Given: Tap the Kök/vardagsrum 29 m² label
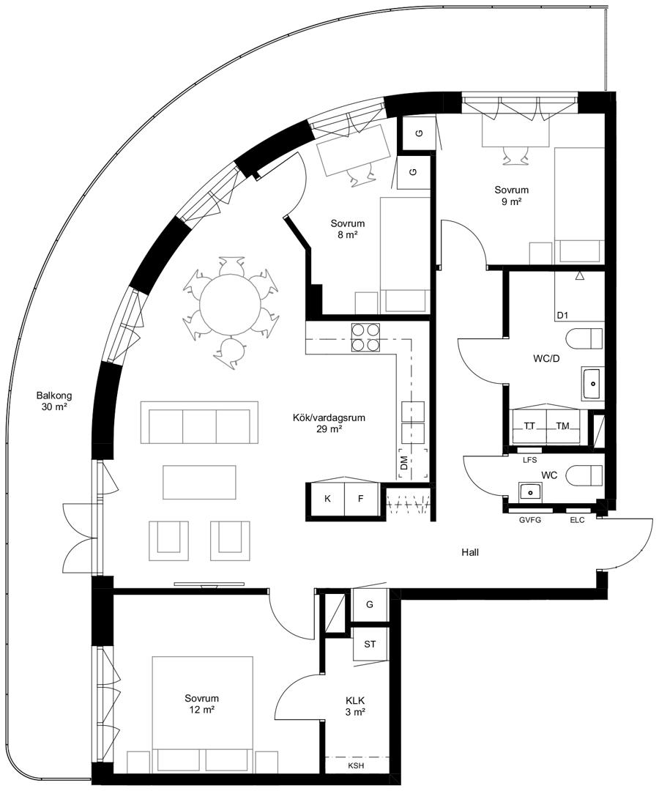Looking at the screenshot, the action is click(329, 423).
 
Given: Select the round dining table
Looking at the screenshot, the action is click(231, 304).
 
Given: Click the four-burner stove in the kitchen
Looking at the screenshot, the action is click(365, 338).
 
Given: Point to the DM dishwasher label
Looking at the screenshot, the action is click(403, 464).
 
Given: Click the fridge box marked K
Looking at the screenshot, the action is click(327, 499).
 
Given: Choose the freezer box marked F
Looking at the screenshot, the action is click(361, 499).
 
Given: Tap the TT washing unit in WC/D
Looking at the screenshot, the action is click(529, 427).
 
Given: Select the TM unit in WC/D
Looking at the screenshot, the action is click(563, 427).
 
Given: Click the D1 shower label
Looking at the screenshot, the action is click(562, 316).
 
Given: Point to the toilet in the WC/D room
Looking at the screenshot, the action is click(585, 338).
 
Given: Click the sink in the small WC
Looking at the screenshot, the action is click(530, 490).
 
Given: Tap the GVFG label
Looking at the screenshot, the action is click(530, 520).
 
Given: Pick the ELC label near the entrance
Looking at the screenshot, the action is click(577, 520).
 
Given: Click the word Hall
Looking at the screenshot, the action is click(470, 552).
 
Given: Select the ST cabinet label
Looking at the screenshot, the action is click(370, 645).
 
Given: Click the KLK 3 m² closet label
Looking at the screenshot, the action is click(355, 706).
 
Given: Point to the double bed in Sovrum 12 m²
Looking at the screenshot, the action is click(202, 714).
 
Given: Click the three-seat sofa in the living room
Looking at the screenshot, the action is click(200, 423).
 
